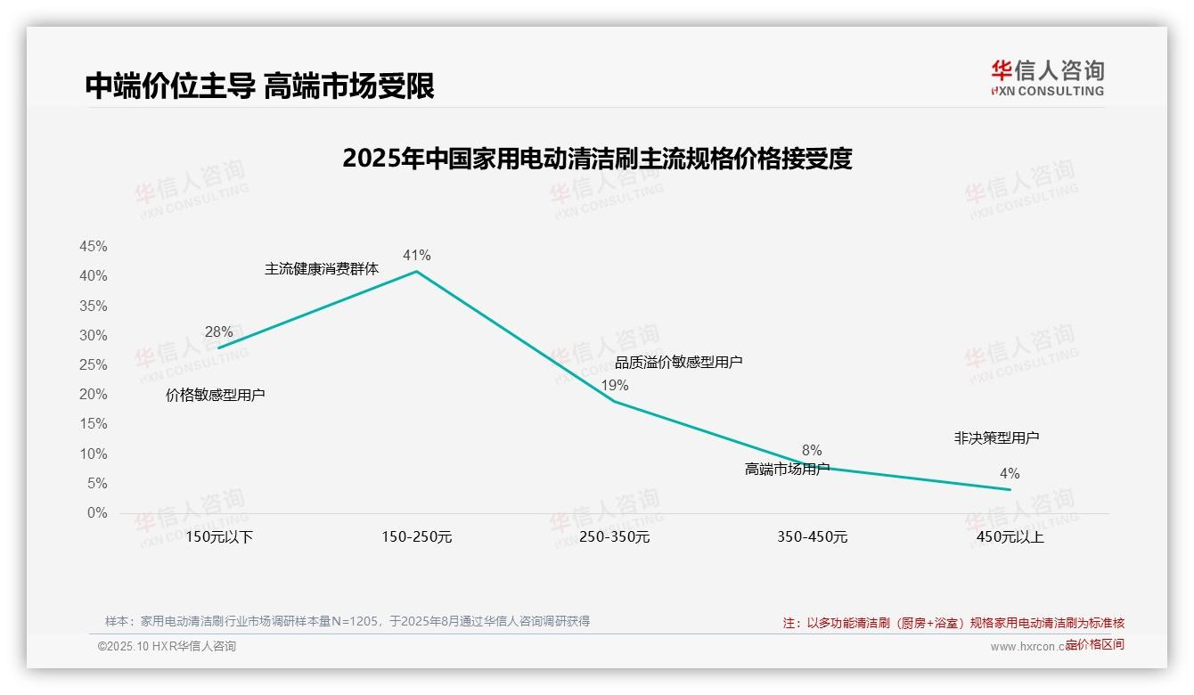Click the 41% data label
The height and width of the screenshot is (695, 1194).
tap(416, 256)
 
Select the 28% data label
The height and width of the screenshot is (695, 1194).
tap(218, 332)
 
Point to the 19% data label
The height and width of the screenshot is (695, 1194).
tap(614, 386)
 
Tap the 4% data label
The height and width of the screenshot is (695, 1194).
tap(1010, 474)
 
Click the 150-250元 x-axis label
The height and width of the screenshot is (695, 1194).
tap(416, 537)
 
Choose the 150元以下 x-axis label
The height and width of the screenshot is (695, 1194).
tap(219, 537)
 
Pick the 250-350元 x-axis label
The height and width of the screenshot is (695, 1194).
tap(614, 537)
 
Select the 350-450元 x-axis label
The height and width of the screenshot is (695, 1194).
tap(812, 537)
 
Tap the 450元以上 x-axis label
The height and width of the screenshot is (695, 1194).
tap(1010, 537)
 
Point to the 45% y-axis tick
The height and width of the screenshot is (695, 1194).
tap(94, 247)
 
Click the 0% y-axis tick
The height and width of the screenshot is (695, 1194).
tap(97, 513)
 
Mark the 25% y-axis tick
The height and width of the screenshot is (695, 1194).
tap(94, 365)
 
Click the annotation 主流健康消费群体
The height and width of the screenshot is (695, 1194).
tap(322, 269)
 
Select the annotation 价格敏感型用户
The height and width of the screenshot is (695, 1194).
tap(216, 395)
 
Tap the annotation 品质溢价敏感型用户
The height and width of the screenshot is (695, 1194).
tap(678, 362)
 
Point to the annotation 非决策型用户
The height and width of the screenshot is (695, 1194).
tap(996, 438)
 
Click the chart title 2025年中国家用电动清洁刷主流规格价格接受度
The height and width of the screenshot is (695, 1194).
tap(597, 159)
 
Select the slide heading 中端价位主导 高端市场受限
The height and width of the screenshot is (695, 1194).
tap(259, 86)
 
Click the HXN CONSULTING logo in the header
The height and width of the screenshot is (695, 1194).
tap(1047, 78)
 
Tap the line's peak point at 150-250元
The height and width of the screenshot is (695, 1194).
tap(416, 271)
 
